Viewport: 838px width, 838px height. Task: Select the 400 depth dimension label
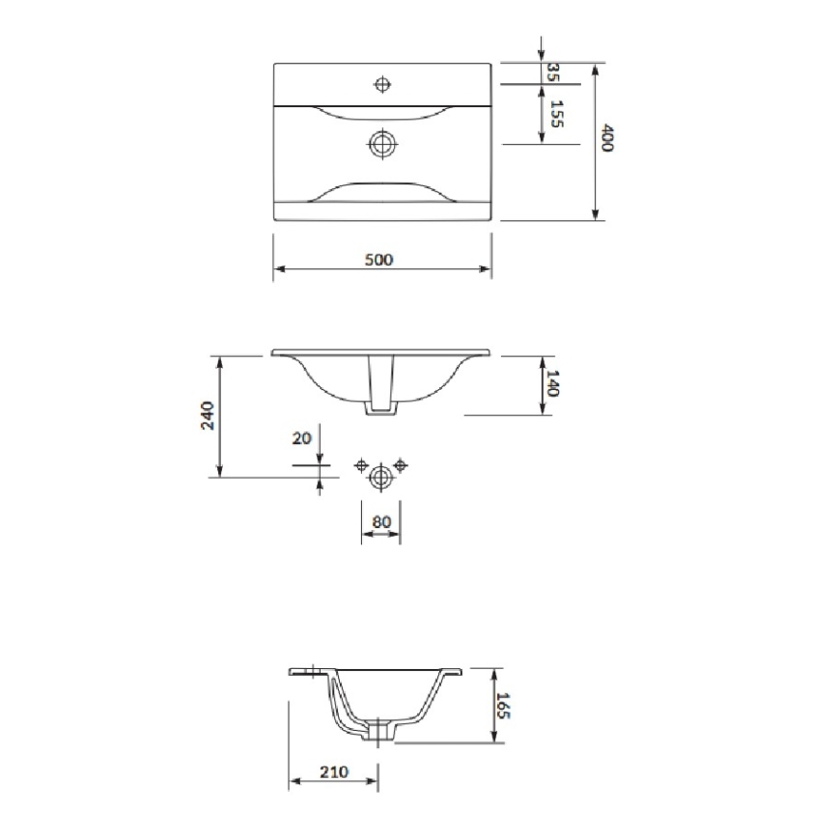(x=607, y=138)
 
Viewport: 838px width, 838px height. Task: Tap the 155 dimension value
(x=555, y=114)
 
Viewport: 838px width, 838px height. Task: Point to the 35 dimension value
(x=553, y=71)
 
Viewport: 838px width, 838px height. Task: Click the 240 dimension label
(x=207, y=415)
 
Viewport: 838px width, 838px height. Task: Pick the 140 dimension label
(x=552, y=383)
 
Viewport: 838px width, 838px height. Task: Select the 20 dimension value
(x=301, y=437)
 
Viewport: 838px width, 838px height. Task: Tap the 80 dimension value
(x=381, y=521)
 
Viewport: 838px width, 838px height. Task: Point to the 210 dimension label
(x=333, y=771)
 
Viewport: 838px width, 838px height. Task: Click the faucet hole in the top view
(x=382, y=84)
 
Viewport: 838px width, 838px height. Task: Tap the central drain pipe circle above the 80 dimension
(x=381, y=474)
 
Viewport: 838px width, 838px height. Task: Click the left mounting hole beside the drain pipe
(x=361, y=466)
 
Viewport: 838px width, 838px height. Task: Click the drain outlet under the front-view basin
(x=380, y=410)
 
